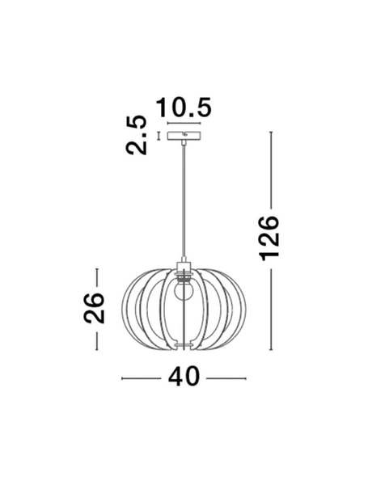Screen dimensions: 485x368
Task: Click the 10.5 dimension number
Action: click(184, 107)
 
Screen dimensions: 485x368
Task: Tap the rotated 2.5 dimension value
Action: click(137, 135)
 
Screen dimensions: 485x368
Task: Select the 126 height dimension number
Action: click(269, 238)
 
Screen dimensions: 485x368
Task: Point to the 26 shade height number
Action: click(96, 307)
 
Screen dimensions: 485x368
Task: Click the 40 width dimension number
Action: click(184, 377)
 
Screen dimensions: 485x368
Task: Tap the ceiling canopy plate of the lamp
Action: click(184, 136)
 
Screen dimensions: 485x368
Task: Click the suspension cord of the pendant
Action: click(184, 202)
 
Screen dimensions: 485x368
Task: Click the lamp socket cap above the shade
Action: click(184, 267)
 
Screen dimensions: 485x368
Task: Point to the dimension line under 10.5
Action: click(184, 124)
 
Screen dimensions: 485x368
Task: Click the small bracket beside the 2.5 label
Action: click(159, 135)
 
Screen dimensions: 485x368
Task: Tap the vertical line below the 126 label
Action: click(270, 307)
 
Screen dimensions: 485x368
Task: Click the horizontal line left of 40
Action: click(142, 377)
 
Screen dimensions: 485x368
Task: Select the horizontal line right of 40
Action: click(226, 377)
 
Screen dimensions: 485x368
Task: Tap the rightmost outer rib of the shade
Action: click(243, 307)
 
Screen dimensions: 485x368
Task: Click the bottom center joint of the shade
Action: click(184, 349)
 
